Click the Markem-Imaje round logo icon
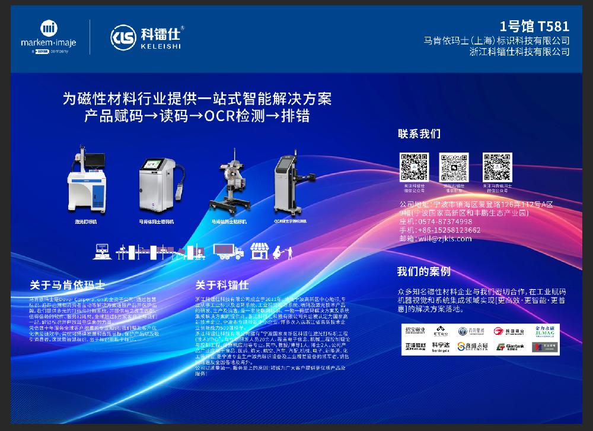pos(49,28)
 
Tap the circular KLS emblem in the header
pos(122,36)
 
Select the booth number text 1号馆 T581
pos(534,26)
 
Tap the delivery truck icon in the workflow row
pos(228,252)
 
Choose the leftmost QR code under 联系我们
pos(414,167)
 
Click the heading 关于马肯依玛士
pos(67,284)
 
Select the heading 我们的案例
pos(424,271)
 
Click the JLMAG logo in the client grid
pos(545,331)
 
